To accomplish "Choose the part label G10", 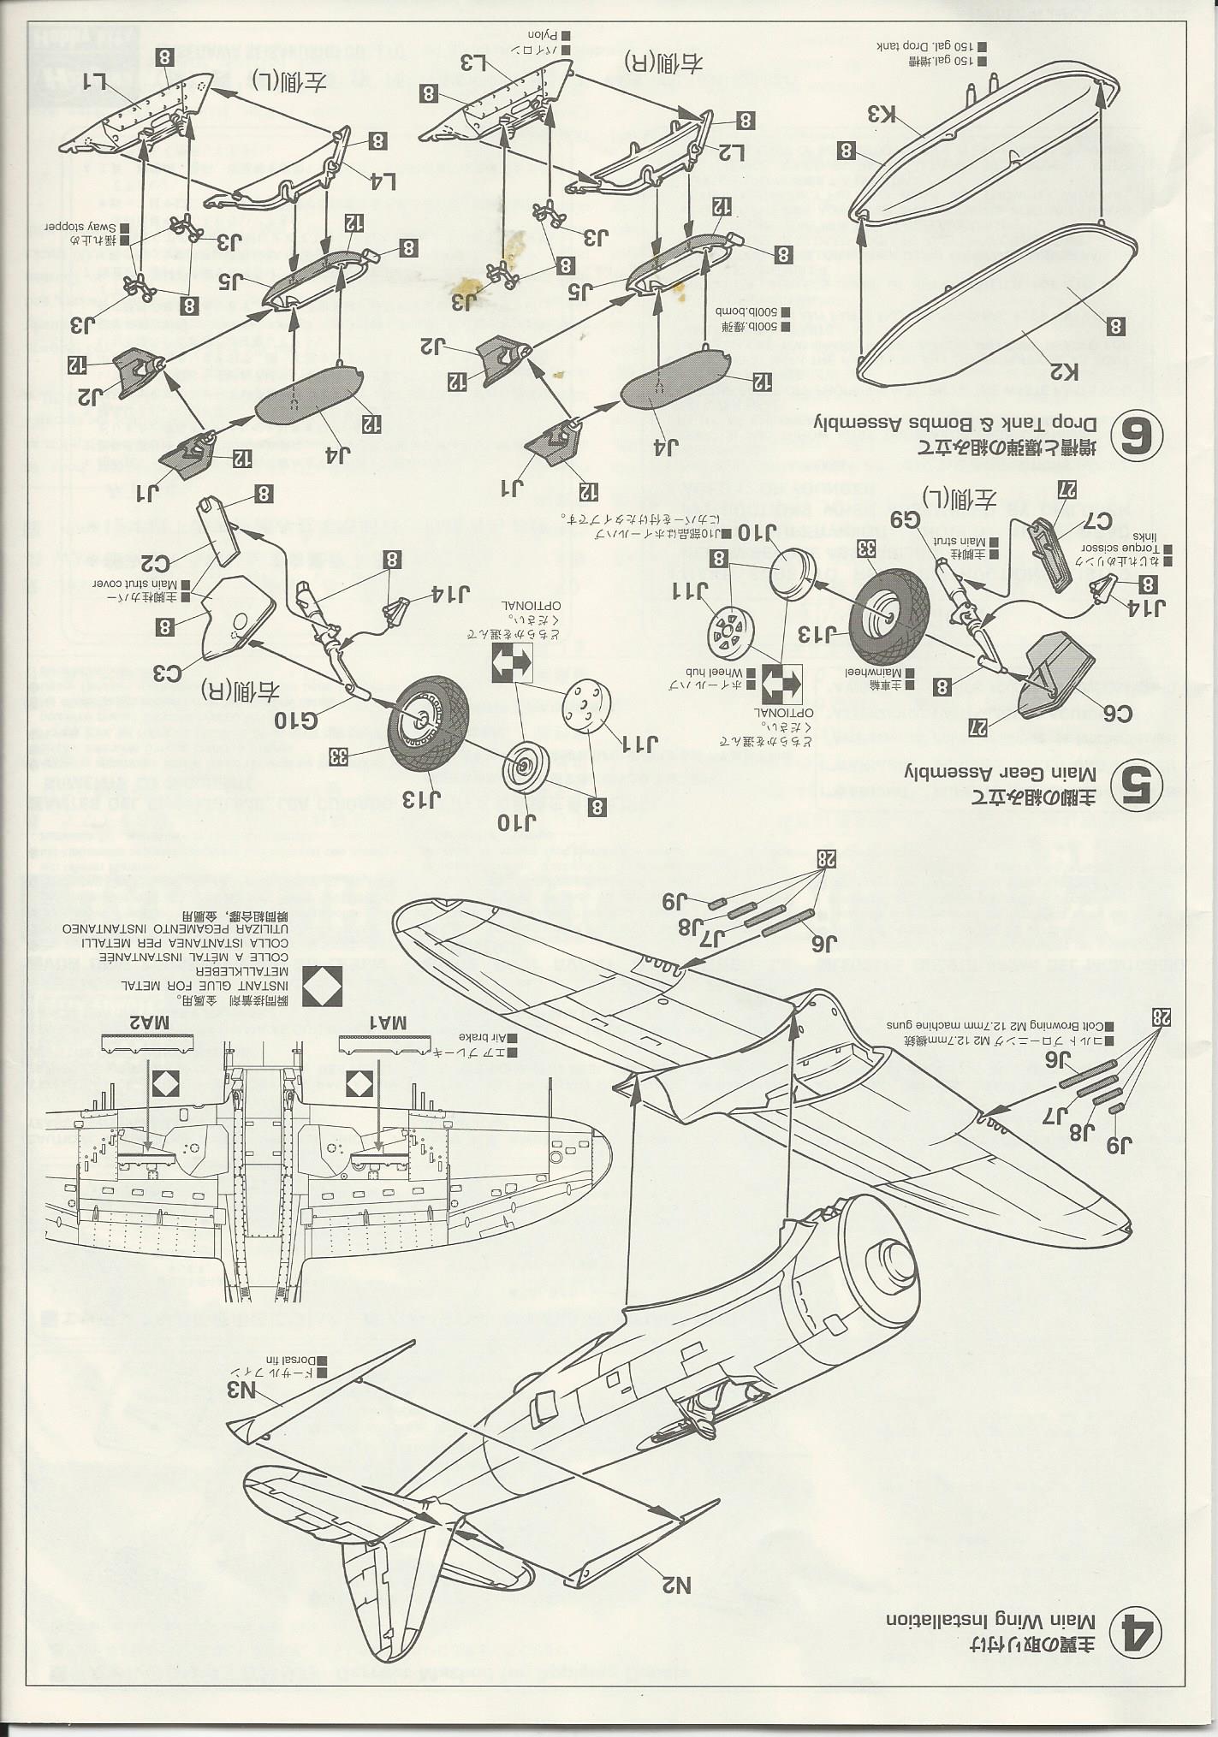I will pyautogui.click(x=296, y=717).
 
